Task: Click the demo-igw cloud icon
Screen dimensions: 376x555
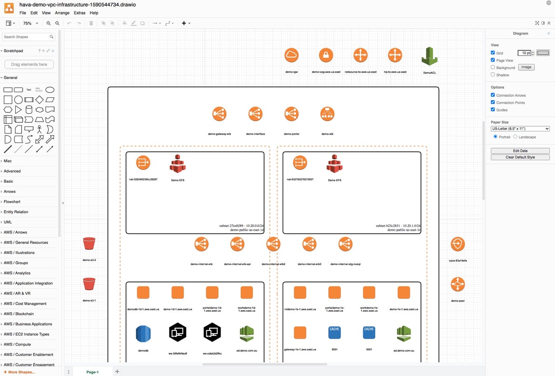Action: pos(291,55)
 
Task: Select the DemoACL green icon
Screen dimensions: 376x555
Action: pos(429,56)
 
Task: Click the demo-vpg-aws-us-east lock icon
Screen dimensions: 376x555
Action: pos(326,55)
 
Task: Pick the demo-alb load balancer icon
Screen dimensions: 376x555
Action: pos(327,114)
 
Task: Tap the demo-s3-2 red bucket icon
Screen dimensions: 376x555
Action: pos(89,244)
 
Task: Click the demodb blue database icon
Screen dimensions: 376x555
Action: pos(143,333)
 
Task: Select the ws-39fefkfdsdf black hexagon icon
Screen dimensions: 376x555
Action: pos(177,332)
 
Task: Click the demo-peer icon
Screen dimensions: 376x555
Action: pos(458,284)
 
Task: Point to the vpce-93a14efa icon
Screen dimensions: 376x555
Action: pos(458,244)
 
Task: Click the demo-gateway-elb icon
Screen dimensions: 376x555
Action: pos(219,114)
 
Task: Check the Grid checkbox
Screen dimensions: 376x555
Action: pos(493,53)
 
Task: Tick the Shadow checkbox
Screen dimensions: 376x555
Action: pos(493,75)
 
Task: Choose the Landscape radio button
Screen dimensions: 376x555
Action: pos(515,137)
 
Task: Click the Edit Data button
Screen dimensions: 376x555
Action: pos(520,150)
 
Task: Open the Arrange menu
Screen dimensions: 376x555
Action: pos(62,13)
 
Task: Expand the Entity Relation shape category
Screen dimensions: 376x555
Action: pos(16,212)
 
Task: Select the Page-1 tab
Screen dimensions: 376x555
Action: pos(92,372)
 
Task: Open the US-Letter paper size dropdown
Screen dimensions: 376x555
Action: pos(520,129)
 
